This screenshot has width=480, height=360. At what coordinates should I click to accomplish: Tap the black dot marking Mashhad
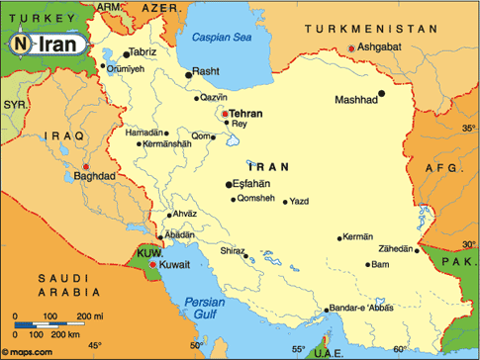384,96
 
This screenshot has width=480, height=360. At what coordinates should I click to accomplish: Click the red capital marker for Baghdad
86,166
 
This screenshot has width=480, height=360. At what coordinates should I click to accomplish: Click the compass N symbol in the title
21,45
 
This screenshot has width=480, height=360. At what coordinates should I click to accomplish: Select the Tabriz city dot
126,52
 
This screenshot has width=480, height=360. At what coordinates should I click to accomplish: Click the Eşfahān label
257,183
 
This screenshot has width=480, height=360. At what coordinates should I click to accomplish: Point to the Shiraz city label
231,251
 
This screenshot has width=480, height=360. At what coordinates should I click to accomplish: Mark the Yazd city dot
286,203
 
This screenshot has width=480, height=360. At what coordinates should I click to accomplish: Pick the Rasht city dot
188,73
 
